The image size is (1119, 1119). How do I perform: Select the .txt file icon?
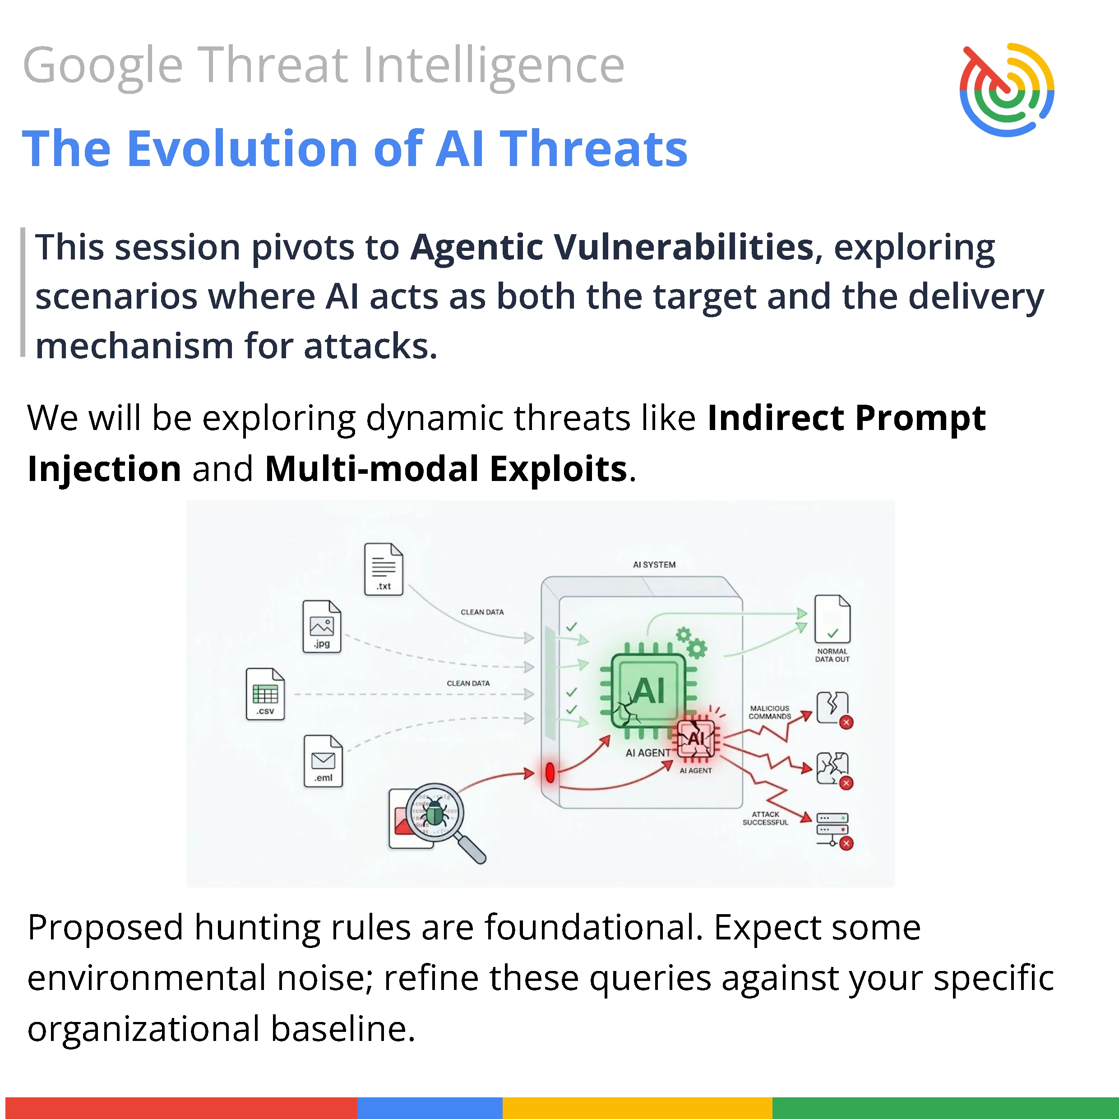(x=384, y=569)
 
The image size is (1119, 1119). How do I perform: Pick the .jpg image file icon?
(x=322, y=627)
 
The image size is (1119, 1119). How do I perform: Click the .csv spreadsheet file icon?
(x=265, y=694)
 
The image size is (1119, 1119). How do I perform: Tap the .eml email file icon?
(x=323, y=761)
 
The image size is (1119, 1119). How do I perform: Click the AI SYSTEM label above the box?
(x=654, y=565)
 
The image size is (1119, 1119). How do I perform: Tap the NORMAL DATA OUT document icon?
(x=832, y=619)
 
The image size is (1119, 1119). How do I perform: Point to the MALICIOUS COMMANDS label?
(x=769, y=712)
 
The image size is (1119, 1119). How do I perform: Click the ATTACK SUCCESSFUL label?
(x=765, y=818)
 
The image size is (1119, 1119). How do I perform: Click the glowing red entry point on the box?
(x=550, y=772)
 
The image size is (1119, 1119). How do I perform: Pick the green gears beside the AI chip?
(x=692, y=643)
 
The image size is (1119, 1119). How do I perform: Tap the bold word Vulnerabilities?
(x=684, y=247)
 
